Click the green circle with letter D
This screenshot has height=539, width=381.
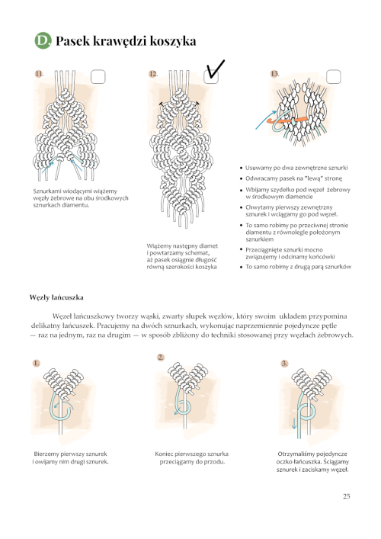tap(43, 40)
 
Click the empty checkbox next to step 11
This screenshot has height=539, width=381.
tap(98, 77)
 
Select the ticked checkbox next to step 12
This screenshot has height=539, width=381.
tap(211, 76)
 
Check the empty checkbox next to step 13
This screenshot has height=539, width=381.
tap(333, 76)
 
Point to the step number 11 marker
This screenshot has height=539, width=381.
tap(39, 73)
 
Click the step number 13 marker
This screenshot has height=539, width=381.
tap(274, 73)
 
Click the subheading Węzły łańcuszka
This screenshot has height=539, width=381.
tap(56, 297)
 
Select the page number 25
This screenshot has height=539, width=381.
tap(346, 496)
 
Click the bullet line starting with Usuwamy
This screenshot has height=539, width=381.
tap(296, 168)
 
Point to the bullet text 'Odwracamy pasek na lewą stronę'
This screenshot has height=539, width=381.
tap(293, 178)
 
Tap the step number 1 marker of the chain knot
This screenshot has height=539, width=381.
tap(36, 363)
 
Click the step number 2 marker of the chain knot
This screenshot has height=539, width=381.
tap(161, 358)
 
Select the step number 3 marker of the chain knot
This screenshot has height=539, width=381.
tap(284, 364)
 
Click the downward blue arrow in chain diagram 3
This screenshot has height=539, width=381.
tap(294, 423)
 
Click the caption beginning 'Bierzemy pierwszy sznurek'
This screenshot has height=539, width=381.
tap(70, 458)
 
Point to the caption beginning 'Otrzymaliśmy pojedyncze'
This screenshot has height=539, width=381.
tap(312, 462)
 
